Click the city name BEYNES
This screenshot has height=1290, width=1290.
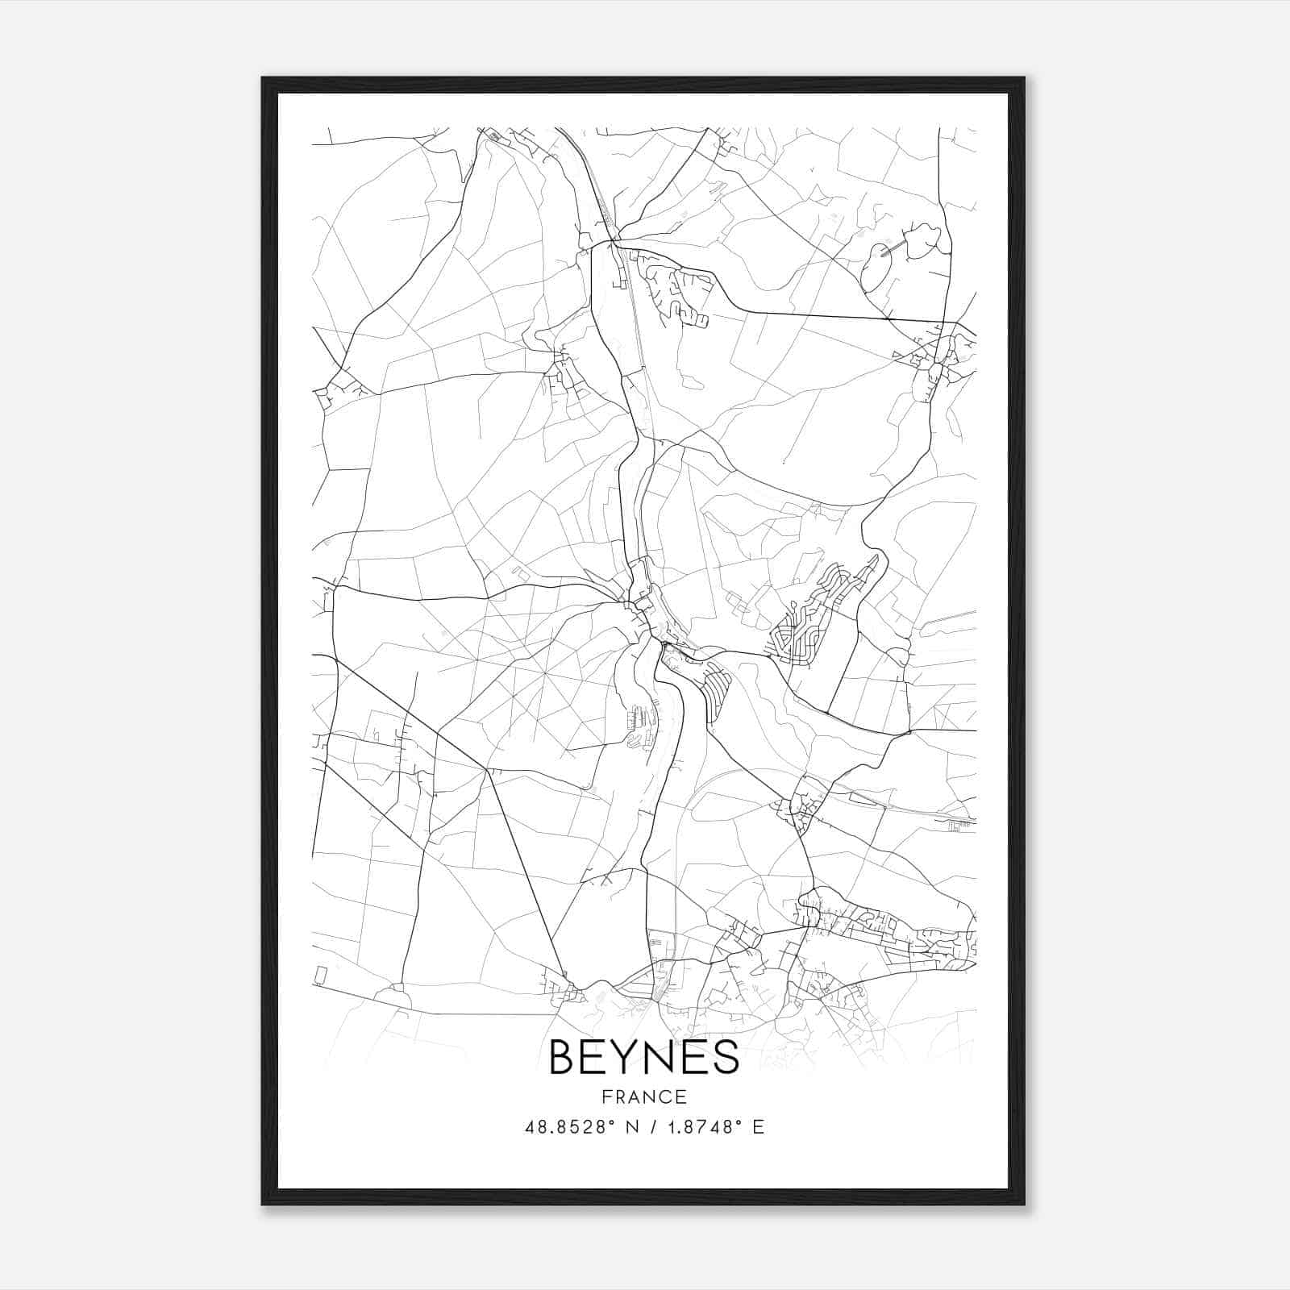point(643,1057)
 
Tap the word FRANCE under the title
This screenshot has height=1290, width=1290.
point(643,1096)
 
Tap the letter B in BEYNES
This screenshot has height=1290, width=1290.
point(562,1057)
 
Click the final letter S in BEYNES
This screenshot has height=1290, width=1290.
point(726,1057)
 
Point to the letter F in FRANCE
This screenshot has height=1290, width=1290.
point(605,1096)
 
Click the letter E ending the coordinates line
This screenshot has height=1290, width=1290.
point(758,1127)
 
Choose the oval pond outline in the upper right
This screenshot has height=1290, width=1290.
point(874,268)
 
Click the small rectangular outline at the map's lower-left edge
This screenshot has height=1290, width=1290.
point(321,975)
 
